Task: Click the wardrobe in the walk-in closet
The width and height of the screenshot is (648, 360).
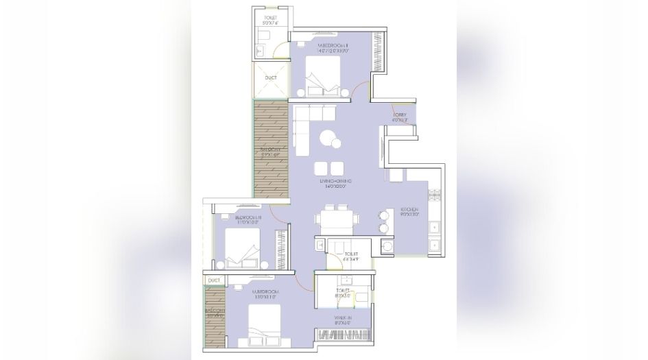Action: point(344,335)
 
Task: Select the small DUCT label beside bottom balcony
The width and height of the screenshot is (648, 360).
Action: point(214,280)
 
